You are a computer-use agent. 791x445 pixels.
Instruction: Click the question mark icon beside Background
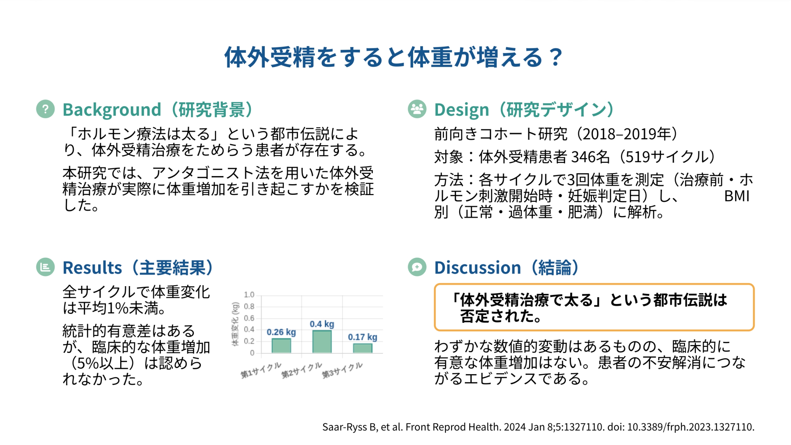[x=45, y=109]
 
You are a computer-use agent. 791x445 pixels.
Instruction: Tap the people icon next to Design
[x=417, y=109]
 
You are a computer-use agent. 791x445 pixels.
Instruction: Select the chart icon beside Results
[x=45, y=267]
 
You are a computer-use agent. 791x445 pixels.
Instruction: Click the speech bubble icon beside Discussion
[x=417, y=267]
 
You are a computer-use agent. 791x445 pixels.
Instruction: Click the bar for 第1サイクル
[x=281, y=345]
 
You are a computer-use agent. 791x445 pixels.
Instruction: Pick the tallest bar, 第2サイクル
[x=322, y=341]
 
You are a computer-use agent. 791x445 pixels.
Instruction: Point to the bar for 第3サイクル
[x=363, y=348]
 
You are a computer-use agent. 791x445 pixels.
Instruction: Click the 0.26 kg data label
[x=281, y=332]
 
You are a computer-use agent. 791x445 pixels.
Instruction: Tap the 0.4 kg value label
[x=322, y=324]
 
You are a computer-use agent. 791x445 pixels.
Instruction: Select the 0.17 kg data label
[x=363, y=337]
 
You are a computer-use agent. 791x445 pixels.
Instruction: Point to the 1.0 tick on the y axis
[x=249, y=295]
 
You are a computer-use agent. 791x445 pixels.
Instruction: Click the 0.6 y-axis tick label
[x=249, y=318]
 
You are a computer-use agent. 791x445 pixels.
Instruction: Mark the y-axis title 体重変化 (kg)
[x=235, y=324]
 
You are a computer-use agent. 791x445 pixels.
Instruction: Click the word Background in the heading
[x=112, y=110]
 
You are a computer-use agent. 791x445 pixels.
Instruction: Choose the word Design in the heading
[x=462, y=110]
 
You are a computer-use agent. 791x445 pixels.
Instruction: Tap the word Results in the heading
[x=92, y=268]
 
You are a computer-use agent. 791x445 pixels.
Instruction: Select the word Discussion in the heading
[x=478, y=268]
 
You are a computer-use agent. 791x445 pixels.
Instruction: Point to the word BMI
[x=737, y=196]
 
